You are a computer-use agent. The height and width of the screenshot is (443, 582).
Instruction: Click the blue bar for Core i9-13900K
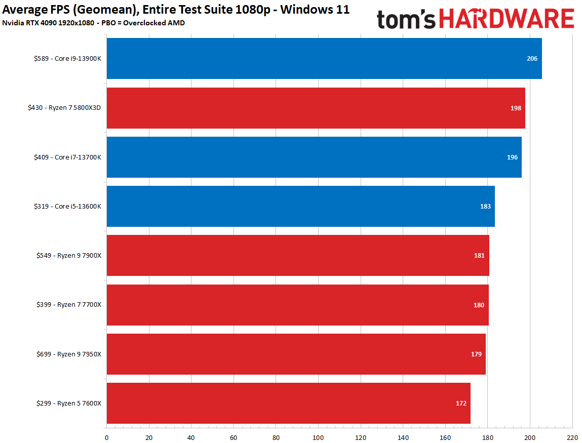[324, 59]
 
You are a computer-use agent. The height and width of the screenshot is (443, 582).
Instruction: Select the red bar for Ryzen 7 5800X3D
[316, 108]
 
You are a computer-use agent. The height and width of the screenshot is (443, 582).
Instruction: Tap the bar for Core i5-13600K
[300, 207]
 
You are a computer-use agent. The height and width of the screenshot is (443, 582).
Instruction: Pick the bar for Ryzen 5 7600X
[288, 403]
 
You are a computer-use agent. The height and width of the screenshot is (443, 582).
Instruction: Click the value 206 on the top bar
[532, 59]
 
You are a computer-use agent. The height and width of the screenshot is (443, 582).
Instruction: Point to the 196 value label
[512, 157]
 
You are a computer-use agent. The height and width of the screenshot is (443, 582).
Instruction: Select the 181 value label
[479, 256]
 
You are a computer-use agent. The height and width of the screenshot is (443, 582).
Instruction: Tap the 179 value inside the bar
[476, 354]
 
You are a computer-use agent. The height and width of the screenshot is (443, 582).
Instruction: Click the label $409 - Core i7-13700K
[68, 157]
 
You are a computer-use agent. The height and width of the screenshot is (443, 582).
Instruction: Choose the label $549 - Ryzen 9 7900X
[69, 256]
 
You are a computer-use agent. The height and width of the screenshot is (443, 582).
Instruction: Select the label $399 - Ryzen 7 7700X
[69, 305]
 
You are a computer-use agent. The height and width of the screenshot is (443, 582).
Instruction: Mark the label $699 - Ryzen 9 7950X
[69, 354]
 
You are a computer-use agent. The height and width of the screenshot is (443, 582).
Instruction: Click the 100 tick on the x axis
[318, 437]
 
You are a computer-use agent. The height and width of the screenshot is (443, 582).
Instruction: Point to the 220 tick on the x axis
[572, 437]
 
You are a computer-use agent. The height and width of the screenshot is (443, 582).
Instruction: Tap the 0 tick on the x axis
[106, 437]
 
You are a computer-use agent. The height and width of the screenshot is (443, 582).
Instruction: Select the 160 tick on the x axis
[445, 437]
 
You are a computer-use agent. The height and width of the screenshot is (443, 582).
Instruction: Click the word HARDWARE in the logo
[507, 19]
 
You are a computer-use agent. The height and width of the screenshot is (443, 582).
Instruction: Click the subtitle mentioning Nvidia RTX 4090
[94, 23]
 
